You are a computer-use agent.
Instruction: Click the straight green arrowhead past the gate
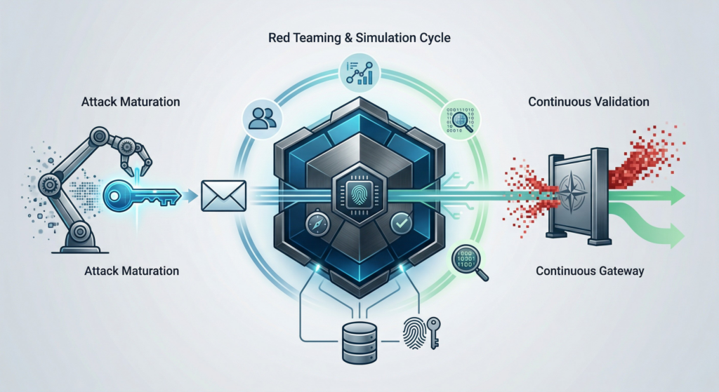click(675, 197)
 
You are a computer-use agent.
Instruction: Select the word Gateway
click(618, 271)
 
